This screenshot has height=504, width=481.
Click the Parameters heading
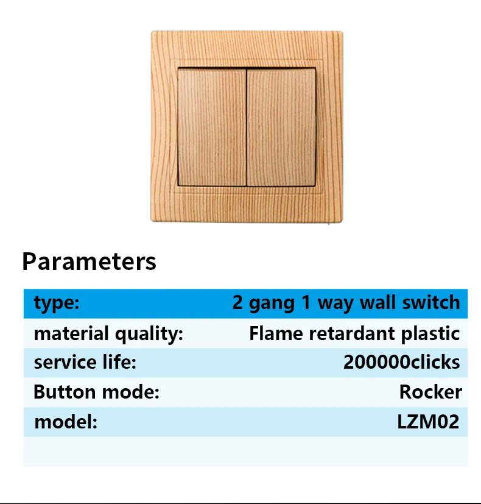tap(89, 261)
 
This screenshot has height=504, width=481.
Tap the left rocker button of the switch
tap(212, 127)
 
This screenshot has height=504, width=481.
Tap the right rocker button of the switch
tap(281, 127)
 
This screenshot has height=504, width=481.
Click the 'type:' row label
tap(57, 303)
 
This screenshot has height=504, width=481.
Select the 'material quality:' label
tap(108, 333)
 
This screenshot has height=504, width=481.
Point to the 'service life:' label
tap(85, 362)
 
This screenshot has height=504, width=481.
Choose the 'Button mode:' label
tap(96, 392)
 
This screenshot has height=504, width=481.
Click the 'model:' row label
tap(66, 421)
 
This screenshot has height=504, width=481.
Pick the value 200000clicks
tap(401, 362)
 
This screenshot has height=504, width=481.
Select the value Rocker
tap(430, 392)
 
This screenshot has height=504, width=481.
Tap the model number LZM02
tap(429, 421)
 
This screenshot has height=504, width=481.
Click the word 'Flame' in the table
tap(276, 333)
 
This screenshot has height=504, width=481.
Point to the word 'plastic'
tap(430, 334)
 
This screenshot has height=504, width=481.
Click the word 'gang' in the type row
tap(272, 303)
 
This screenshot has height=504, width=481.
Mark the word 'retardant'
tap(351, 333)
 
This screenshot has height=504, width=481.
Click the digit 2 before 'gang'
tap(237, 302)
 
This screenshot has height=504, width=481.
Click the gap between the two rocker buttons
tap(247, 127)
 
